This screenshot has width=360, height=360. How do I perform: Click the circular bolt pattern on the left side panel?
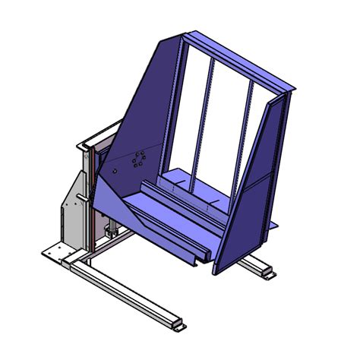coord(137,160)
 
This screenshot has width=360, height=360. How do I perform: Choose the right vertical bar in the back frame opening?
coord(247,129)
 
